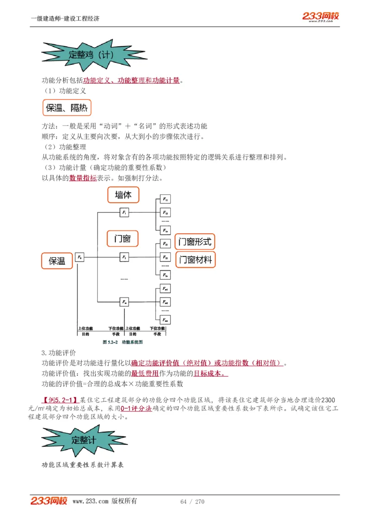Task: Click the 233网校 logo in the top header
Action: tap(321, 17)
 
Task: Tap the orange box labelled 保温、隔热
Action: tap(67, 108)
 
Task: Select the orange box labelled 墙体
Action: tap(123, 195)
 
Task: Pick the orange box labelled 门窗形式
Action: tap(195, 242)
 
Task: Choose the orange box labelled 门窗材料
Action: tap(195, 260)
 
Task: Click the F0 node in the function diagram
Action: tap(80, 257)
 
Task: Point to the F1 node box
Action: tap(124, 212)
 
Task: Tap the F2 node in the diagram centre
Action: tap(124, 256)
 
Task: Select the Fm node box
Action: tap(124, 301)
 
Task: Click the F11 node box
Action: tap(165, 199)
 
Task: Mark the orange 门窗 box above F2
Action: tap(123, 239)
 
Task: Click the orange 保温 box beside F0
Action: tap(57, 261)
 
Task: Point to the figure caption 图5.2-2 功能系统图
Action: tap(122, 343)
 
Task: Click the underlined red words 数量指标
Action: tap(83, 178)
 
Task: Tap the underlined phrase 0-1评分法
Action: tap(136, 409)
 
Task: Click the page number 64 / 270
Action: tap(192, 502)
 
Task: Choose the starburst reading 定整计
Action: tap(84, 440)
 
